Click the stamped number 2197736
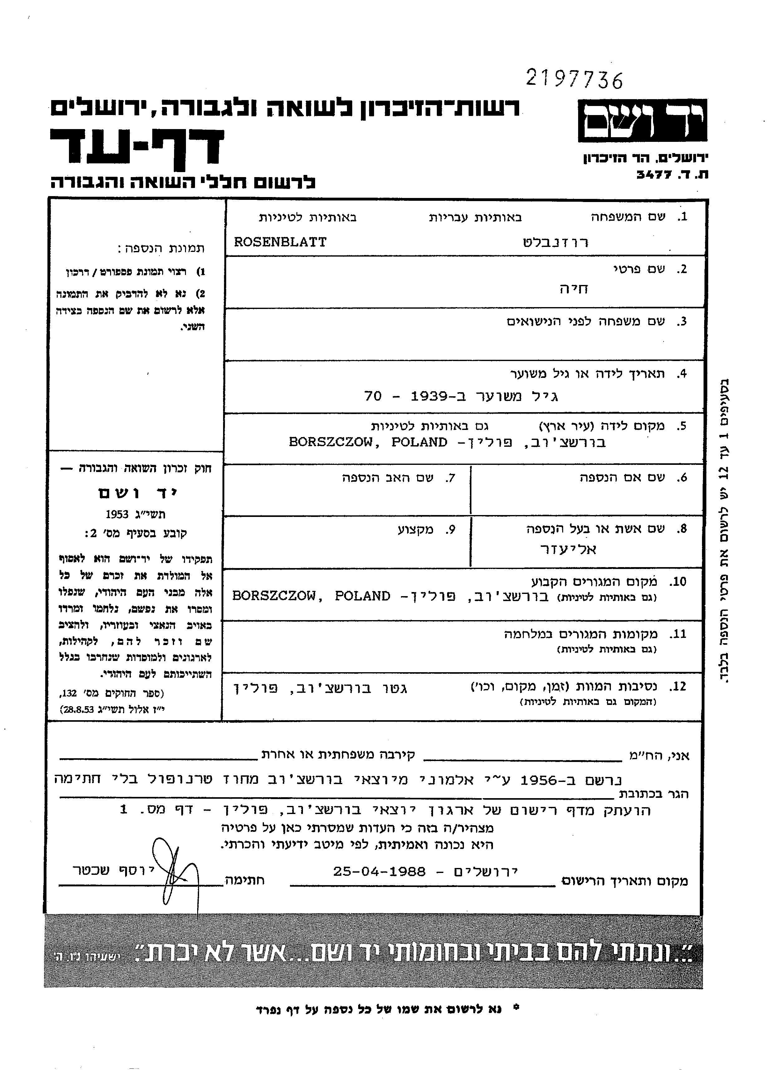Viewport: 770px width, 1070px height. click(x=574, y=79)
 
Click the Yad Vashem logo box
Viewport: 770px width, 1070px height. click(x=642, y=121)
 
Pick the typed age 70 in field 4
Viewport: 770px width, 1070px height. click(x=373, y=396)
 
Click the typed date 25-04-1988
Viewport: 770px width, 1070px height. click(x=380, y=871)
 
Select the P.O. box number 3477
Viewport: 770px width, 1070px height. click(x=654, y=175)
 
